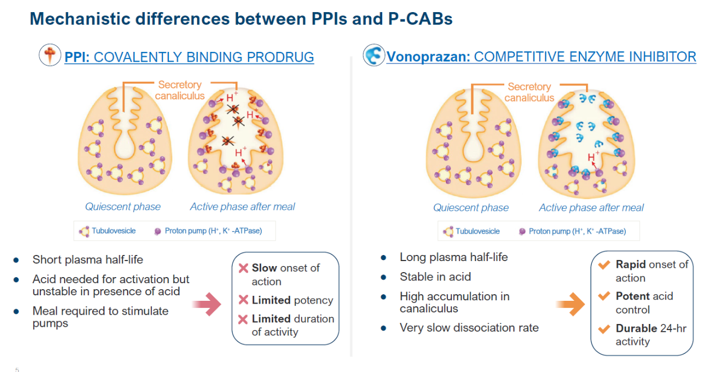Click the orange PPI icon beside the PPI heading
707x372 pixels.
coord(50,55)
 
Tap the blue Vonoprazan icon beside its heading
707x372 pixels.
coord(374,55)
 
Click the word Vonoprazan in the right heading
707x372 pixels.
coord(428,57)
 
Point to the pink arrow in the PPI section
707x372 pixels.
coord(207,304)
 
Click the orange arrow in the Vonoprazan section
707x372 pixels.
coord(570,304)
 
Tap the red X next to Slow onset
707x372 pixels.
coord(244,268)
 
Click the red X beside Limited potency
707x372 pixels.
coord(244,300)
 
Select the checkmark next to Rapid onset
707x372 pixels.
coord(604,264)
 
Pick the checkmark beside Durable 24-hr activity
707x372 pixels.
coord(604,329)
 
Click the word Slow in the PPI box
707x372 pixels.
coord(264,268)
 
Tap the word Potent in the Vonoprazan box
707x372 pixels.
coord(633,296)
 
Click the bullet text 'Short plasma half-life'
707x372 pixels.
coord(88,260)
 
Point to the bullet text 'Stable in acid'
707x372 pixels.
coord(435,277)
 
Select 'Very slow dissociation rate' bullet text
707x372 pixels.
coord(469,328)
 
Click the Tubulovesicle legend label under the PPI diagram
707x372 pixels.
coord(114,231)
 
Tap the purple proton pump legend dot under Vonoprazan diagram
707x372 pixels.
coord(523,232)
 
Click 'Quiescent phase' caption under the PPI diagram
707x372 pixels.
coord(123,207)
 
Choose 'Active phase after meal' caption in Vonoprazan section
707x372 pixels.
coord(591,208)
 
